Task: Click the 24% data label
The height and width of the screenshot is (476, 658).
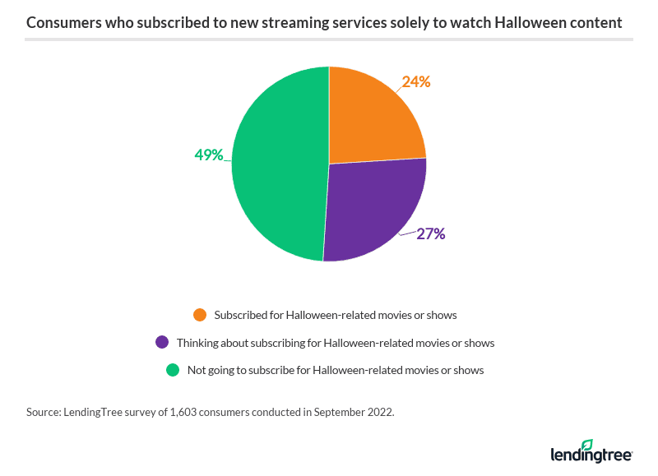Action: (x=416, y=81)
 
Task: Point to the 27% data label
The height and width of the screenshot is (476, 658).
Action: (x=430, y=233)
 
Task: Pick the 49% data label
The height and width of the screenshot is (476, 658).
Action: (x=209, y=155)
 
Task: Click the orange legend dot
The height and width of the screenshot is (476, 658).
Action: (x=199, y=314)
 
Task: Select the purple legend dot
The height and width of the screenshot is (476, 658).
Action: (x=162, y=342)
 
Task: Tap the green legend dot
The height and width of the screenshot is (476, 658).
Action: (x=173, y=370)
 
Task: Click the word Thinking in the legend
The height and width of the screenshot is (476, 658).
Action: (x=197, y=342)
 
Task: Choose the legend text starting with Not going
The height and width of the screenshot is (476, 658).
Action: (x=336, y=370)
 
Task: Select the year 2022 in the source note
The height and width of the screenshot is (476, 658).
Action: (x=380, y=412)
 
